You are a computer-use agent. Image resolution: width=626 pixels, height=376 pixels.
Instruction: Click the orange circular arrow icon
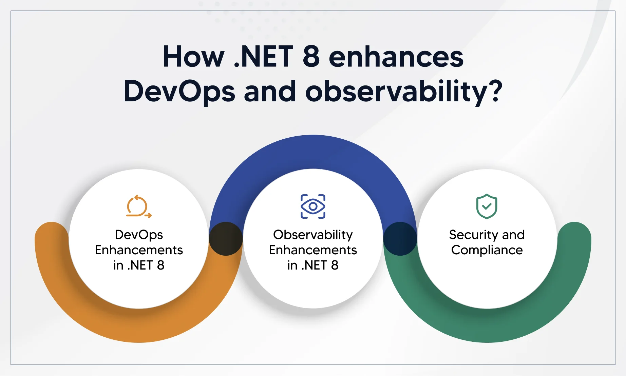pos(138,206)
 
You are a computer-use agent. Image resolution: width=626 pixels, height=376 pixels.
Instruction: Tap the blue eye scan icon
pos(313,206)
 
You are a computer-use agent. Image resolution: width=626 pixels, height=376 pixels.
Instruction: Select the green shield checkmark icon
pos(487,206)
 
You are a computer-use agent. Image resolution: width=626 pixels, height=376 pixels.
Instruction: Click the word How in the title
pos(193,57)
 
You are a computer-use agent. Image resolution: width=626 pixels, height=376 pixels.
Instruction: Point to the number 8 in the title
pos(311,57)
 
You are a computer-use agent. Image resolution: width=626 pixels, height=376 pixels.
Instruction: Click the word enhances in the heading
pos(396,57)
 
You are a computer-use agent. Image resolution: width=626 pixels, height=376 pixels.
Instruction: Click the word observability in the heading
pos(396,92)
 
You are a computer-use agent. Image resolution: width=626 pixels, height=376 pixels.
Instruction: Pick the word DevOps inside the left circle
pos(139,235)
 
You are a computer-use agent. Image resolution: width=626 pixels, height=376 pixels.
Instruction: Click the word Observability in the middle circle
pos(313,235)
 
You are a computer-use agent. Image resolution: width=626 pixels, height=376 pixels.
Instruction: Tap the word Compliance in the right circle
pos(487,250)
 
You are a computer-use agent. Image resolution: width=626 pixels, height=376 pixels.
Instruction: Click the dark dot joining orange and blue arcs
pos(226,239)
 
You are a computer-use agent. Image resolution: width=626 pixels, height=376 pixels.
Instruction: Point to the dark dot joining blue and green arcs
pos(400,239)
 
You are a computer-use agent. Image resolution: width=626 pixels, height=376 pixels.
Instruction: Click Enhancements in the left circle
pos(139,250)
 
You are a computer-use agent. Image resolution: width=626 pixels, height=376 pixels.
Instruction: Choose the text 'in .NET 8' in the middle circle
pos(313,265)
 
